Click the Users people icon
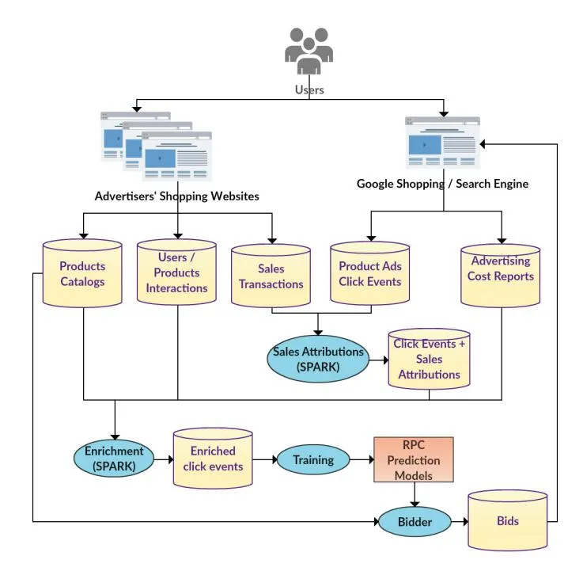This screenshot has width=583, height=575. coord(309,51)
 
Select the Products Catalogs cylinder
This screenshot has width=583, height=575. coord(82,274)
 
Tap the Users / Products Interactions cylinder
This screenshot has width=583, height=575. coord(177,273)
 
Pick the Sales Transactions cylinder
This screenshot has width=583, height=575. coord(271,276)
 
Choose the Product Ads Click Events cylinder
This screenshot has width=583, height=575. coord(369,274)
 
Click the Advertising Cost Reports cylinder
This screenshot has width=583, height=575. coord(501,276)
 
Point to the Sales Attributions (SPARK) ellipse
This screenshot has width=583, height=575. coord(318,359)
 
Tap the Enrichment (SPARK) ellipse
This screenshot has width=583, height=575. coord(115,459)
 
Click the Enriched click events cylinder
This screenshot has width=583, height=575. coord(213,459)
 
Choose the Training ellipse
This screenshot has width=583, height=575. coord(313,459)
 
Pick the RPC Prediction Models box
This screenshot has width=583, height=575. coord(414,459)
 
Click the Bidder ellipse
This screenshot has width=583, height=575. coord(414,521)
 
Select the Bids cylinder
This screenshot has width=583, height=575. coord(507,521)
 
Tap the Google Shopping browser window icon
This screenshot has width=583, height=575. coord(442,143)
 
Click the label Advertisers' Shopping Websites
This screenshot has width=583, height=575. coord(176,196)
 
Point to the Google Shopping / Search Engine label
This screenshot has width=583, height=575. coord(442,184)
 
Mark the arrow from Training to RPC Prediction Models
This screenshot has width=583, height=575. coord(362,459)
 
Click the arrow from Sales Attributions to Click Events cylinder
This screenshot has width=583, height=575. coord(378,359)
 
